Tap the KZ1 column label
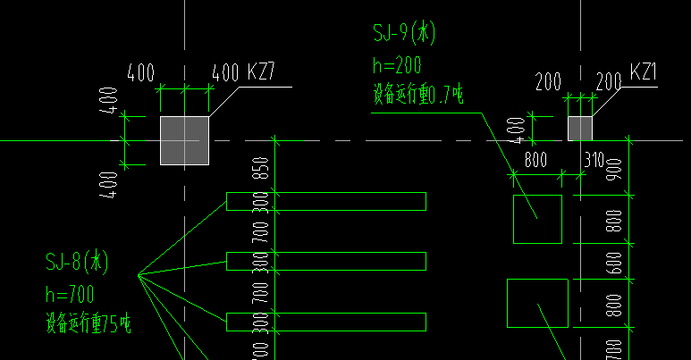(x=644, y=72)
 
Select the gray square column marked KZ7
(x=184, y=140)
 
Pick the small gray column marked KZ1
(x=579, y=128)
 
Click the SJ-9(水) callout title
(x=404, y=35)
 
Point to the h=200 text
(x=396, y=65)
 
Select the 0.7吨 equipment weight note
(x=417, y=94)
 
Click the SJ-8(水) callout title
(x=77, y=262)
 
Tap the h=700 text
(x=69, y=293)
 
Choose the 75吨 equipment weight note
(x=88, y=324)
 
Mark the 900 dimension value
(x=614, y=170)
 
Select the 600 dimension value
(x=614, y=262)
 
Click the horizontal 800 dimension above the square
(x=535, y=162)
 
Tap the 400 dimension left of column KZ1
(x=517, y=129)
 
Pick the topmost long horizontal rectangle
(x=326, y=201)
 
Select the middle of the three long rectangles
(x=326, y=261)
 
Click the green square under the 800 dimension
(x=537, y=219)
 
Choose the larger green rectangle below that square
(x=537, y=303)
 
